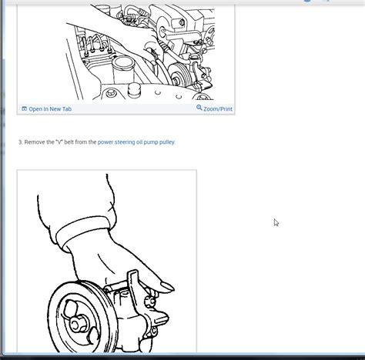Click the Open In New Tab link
tap(49, 109)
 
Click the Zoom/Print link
tap(218, 109)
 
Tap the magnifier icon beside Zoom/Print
tap(199, 108)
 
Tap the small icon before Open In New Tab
tap(24, 109)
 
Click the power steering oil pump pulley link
tap(136, 142)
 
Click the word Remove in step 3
tap(35, 142)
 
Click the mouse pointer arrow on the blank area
tap(276, 222)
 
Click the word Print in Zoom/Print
tap(224, 109)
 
